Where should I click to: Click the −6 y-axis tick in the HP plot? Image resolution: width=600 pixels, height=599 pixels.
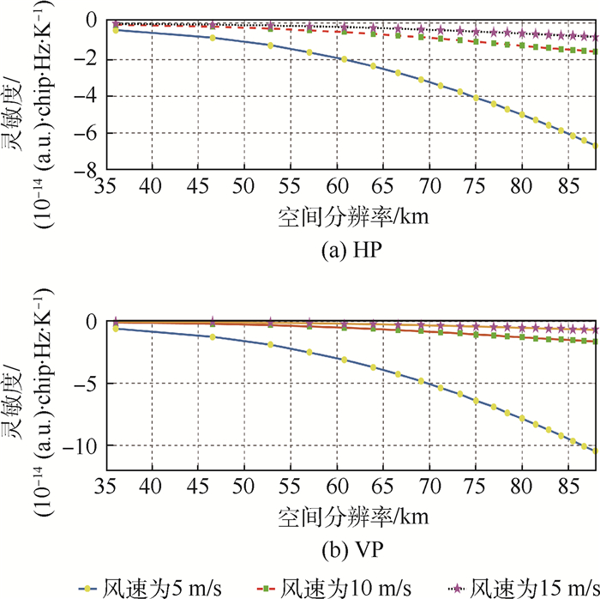click(x=83, y=133)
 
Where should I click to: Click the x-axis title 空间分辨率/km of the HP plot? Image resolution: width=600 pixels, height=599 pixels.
click(x=352, y=215)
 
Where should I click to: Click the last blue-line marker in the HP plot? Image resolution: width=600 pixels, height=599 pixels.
click(x=595, y=146)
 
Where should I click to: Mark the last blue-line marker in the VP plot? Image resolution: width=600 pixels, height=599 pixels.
click(x=595, y=451)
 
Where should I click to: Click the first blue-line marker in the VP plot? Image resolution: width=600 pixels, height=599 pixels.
click(x=116, y=329)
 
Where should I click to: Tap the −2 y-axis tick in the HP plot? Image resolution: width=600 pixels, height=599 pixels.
click(x=83, y=58)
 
